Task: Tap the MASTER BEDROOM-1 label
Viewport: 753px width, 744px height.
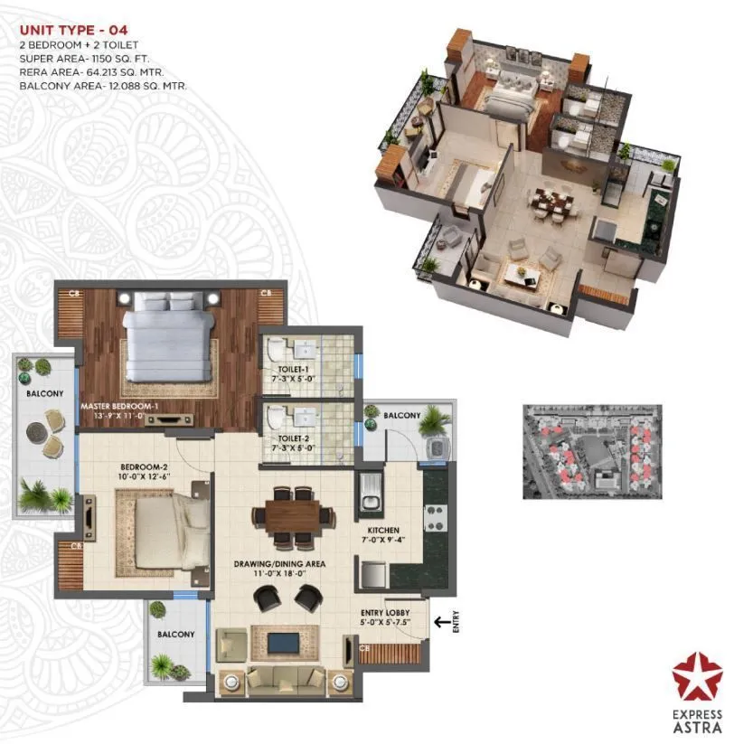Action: pos(119,407)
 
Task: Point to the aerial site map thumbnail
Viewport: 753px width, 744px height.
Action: pos(591,451)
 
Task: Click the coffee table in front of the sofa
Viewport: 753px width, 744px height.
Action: pos(282,643)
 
